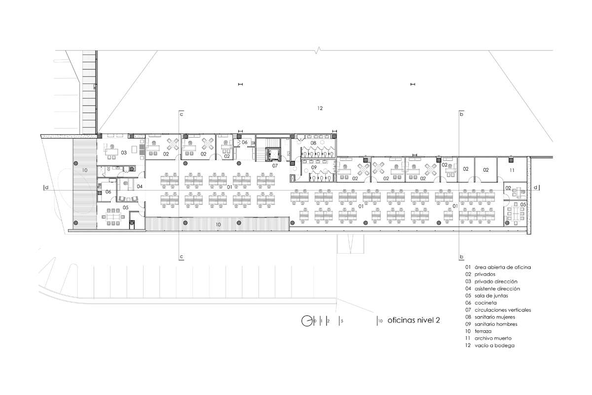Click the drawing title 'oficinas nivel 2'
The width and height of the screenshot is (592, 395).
click(x=413, y=320)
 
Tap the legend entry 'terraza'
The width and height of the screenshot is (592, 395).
click(x=483, y=331)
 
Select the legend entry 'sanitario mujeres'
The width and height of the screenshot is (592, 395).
click(x=495, y=316)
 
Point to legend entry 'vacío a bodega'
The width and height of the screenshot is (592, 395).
click(x=494, y=345)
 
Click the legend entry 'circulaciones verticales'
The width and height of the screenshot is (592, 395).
click(x=503, y=310)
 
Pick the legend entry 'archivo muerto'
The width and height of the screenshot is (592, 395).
click(x=493, y=338)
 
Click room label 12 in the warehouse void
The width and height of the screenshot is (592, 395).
click(x=320, y=108)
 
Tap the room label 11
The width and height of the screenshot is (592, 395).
click(x=512, y=170)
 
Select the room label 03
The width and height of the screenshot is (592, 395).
click(x=124, y=153)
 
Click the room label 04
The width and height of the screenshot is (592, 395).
click(x=140, y=187)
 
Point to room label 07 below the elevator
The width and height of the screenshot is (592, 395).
click(x=275, y=166)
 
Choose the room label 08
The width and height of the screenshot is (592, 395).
click(x=313, y=143)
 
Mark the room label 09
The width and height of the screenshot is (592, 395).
click(x=314, y=167)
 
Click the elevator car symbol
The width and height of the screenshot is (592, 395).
click(x=272, y=154)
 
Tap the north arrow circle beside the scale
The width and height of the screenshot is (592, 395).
click(x=306, y=321)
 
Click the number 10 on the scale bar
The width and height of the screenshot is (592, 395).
click(x=380, y=321)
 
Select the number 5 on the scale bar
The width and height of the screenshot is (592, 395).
click(x=342, y=321)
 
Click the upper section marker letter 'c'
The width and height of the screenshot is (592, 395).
click(x=182, y=114)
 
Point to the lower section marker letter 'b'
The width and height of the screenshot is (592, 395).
click(x=461, y=257)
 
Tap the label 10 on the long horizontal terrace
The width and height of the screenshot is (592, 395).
click(x=218, y=225)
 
